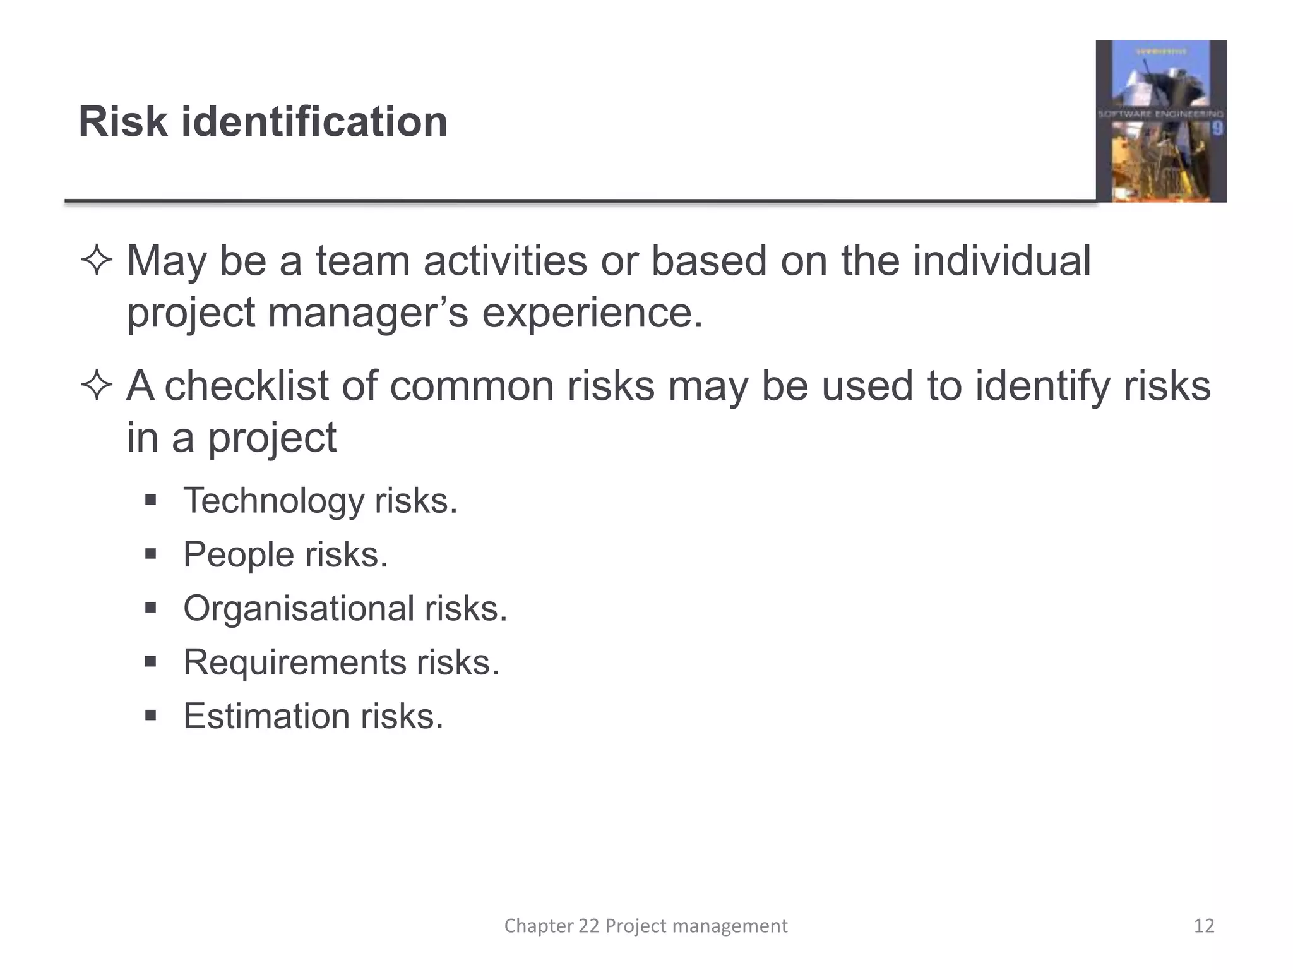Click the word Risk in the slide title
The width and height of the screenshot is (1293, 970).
point(123,121)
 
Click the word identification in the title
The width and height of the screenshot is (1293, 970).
point(314,121)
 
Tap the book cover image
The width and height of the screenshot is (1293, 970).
point(1160,121)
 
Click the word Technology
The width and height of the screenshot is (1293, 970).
point(273,501)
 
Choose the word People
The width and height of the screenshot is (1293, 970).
point(239,554)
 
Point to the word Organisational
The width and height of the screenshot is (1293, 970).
point(298,609)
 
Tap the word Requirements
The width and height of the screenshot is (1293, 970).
point(294,662)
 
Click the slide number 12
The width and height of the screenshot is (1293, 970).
point(1204,926)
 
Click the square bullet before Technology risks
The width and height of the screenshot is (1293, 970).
point(150,501)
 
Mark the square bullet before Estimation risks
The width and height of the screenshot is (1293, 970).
point(150,716)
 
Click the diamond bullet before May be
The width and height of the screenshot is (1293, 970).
point(97,261)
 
